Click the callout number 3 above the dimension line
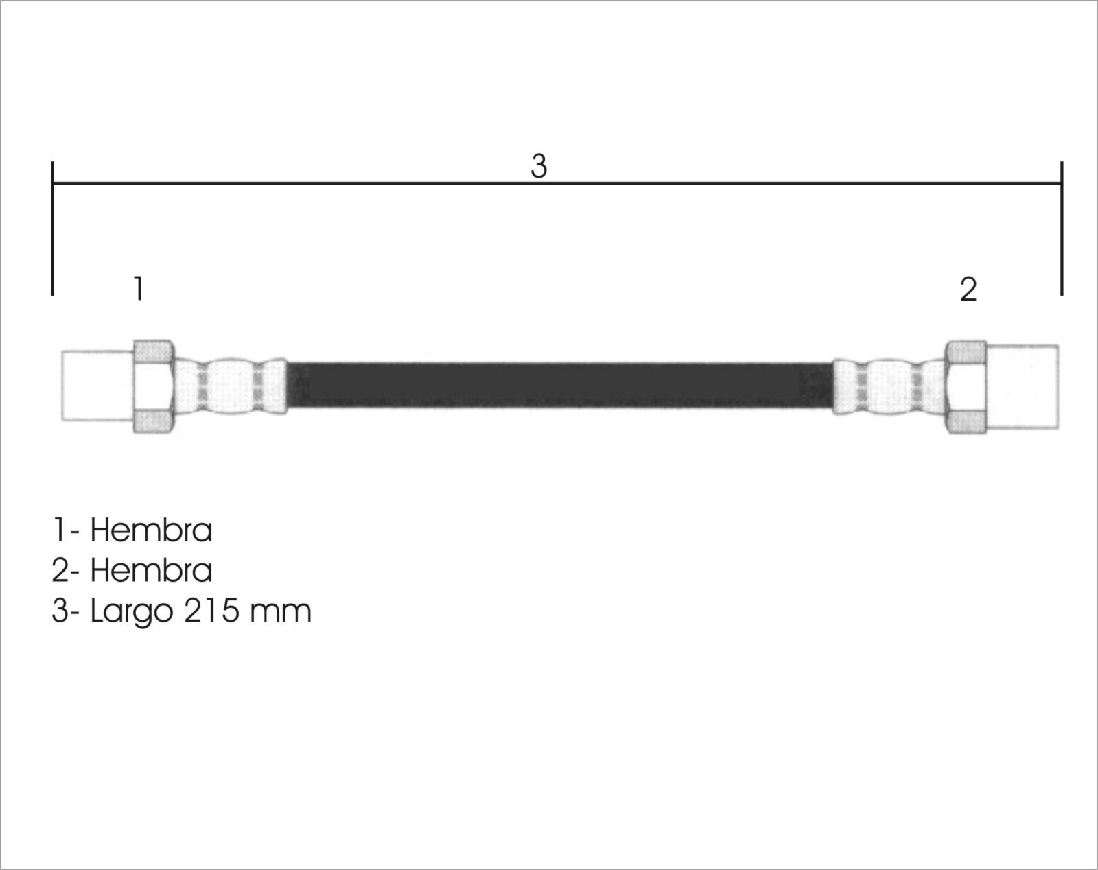(539, 166)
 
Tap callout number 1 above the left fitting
(139, 288)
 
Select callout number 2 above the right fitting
(968, 290)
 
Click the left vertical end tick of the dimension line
(53, 228)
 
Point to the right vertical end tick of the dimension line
(1062, 228)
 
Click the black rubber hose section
(560, 385)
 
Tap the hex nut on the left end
(154, 386)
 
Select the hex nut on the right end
(966, 387)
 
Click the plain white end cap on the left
(97, 386)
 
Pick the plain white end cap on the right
(1023, 387)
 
